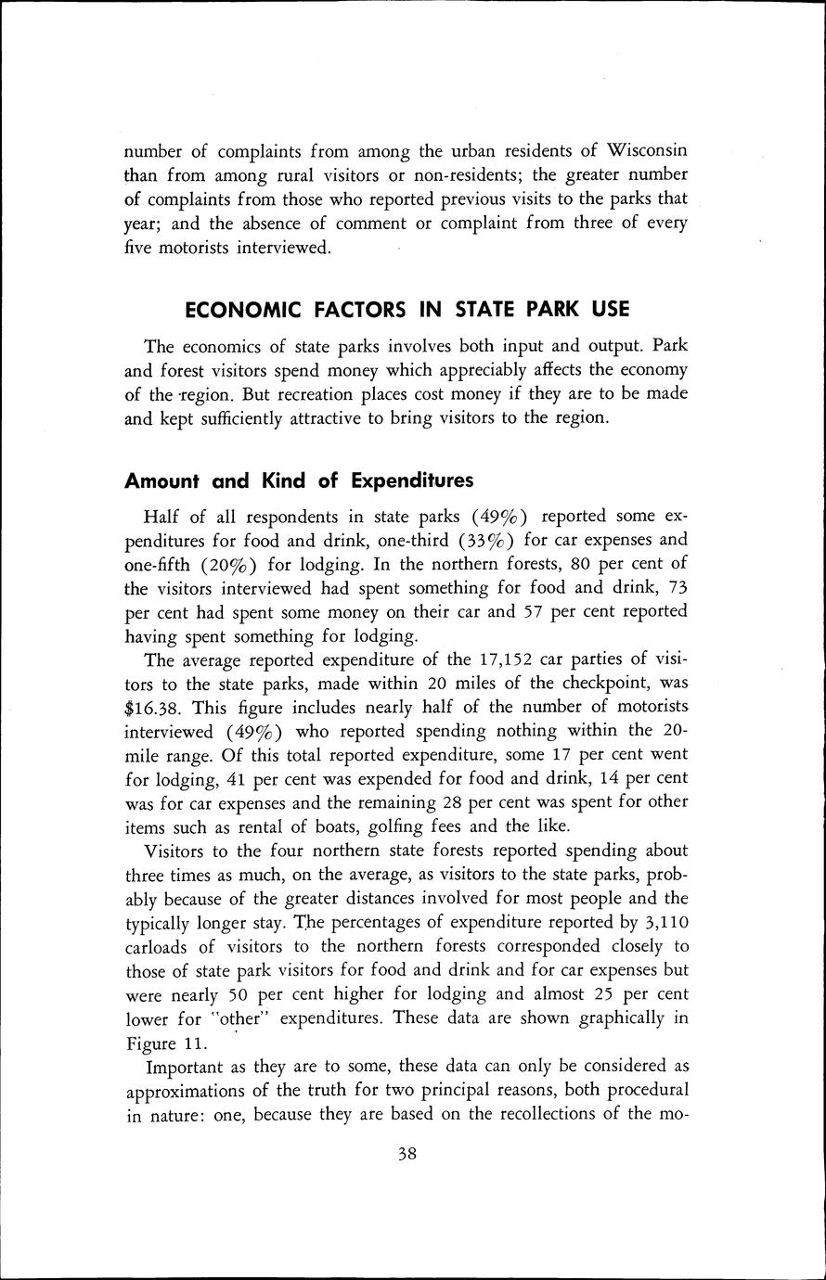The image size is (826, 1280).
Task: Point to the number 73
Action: (677, 588)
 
